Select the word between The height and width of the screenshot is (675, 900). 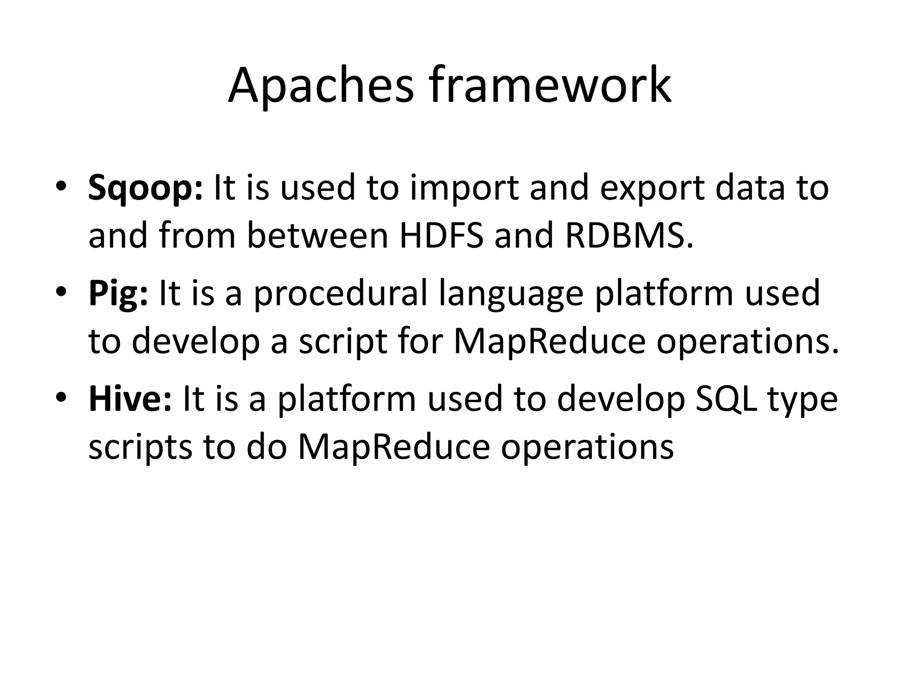tap(317, 235)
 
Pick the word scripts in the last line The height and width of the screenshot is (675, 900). tap(140, 447)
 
